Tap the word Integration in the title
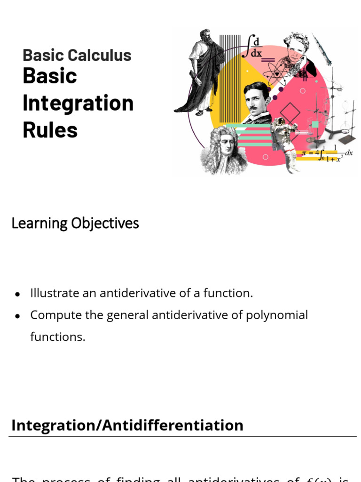(78, 103)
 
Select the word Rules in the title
(50, 129)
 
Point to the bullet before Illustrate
(17, 294)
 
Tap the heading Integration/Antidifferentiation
(127, 425)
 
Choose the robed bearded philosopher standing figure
(200, 71)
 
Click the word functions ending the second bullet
(58, 337)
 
